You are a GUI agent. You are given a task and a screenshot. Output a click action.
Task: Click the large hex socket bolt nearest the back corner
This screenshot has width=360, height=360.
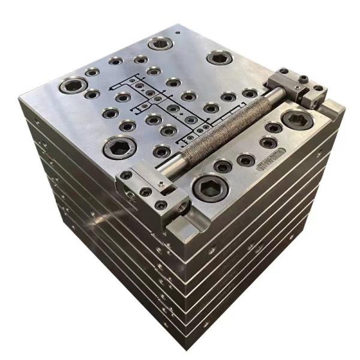160,43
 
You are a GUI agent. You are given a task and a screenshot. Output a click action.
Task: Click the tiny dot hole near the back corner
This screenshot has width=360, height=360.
178,29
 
